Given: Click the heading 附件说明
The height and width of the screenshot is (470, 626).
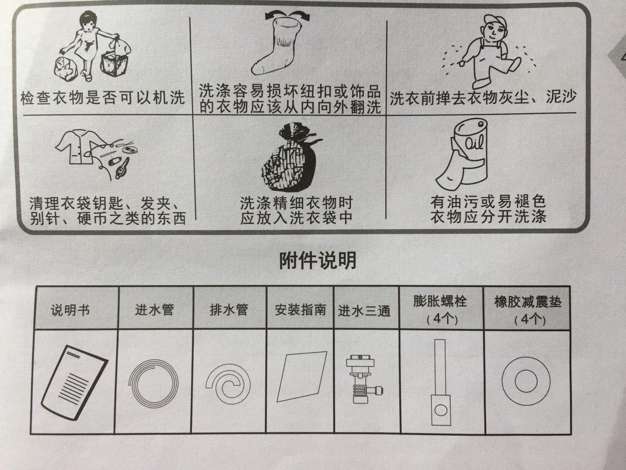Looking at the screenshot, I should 317,260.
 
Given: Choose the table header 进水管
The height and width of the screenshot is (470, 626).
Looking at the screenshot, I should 154,310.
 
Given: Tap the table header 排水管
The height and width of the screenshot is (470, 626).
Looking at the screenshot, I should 229,310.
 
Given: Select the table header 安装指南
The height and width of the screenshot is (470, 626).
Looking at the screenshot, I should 300,310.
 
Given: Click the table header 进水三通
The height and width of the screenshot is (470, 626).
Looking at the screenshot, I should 365,311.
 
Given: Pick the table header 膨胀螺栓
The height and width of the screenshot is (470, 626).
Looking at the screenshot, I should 440,301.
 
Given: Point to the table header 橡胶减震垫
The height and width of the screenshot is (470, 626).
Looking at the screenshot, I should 527,301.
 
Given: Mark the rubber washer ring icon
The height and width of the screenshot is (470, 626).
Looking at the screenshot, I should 526,380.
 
